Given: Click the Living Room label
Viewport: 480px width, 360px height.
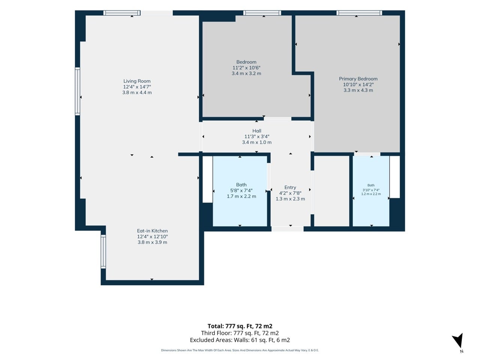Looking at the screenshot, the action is pyautogui.click(x=137, y=81).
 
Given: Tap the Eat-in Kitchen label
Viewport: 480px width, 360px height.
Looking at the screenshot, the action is pyautogui.click(x=152, y=231).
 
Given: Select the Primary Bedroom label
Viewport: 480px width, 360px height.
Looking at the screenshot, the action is pyautogui.click(x=358, y=79).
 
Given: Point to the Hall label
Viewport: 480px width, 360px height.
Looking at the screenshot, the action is pyautogui.click(x=257, y=131).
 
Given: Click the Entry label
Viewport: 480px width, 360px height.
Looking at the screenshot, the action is pyautogui.click(x=290, y=187).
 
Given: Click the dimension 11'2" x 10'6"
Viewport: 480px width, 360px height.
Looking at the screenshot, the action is pyautogui.click(x=246, y=68).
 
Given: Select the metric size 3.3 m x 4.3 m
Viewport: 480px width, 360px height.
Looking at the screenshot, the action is pyautogui.click(x=358, y=90).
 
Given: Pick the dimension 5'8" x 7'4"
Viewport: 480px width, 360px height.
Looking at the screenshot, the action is pyautogui.click(x=241, y=190).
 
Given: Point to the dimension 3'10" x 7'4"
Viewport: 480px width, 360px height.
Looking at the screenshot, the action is pyautogui.click(x=371, y=190).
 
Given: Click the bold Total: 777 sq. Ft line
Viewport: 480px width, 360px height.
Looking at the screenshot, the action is pyautogui.click(x=240, y=326).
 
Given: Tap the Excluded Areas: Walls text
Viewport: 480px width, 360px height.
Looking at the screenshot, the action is pyautogui.click(x=240, y=340).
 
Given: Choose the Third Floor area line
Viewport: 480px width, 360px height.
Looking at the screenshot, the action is pyautogui.click(x=240, y=333).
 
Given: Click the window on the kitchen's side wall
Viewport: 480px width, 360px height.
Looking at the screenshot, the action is pyautogui.click(x=103, y=251).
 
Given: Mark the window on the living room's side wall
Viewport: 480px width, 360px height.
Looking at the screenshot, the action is pyautogui.click(x=78, y=91).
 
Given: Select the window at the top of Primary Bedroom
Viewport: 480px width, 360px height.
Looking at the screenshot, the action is pyautogui.click(x=359, y=13).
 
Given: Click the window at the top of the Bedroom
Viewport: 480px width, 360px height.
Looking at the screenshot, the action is pyautogui.click(x=262, y=13).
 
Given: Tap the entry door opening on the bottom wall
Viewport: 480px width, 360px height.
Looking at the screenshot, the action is pyautogui.click(x=288, y=229).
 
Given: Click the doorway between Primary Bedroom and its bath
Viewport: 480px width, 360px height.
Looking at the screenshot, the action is pyautogui.click(x=367, y=154).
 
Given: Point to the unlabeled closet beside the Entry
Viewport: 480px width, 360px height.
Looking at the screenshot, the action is pyautogui.click(x=331, y=191).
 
